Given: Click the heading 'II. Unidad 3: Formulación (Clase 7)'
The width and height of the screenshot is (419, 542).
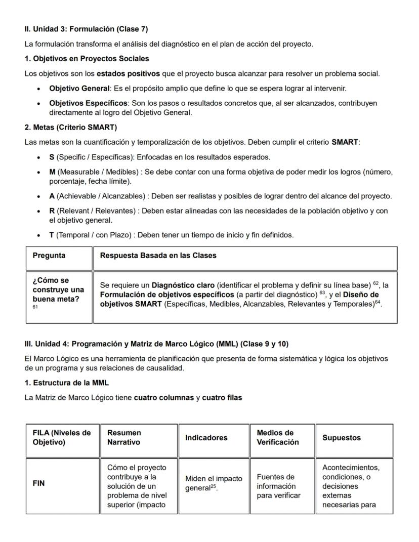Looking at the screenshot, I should (x=86, y=29).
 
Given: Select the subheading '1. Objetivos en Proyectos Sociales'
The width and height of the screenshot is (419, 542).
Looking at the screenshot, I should (x=87, y=59).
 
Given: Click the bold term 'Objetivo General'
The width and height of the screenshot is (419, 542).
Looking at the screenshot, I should (x=79, y=89).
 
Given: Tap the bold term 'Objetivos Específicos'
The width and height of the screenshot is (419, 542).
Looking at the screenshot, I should (x=88, y=103).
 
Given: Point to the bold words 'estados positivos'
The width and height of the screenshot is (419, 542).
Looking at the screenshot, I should (x=128, y=74).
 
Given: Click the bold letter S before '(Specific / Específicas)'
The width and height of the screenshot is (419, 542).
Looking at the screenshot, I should (x=52, y=157).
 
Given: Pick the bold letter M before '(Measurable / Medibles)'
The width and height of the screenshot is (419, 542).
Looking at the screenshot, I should (x=52, y=172).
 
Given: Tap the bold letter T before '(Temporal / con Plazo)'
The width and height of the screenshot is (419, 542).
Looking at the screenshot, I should (x=52, y=235).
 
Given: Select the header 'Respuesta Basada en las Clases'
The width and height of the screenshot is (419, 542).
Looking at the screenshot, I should (x=158, y=256).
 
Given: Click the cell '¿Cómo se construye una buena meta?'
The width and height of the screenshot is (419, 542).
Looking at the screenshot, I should (x=58, y=289).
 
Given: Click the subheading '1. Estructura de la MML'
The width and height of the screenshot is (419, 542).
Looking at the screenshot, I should (x=66, y=383).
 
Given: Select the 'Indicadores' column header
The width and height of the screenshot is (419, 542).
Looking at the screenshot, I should (x=206, y=438).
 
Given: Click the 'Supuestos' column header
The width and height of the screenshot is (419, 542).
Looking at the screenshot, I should (x=342, y=438).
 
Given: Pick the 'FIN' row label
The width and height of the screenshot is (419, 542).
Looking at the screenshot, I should (x=38, y=483).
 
